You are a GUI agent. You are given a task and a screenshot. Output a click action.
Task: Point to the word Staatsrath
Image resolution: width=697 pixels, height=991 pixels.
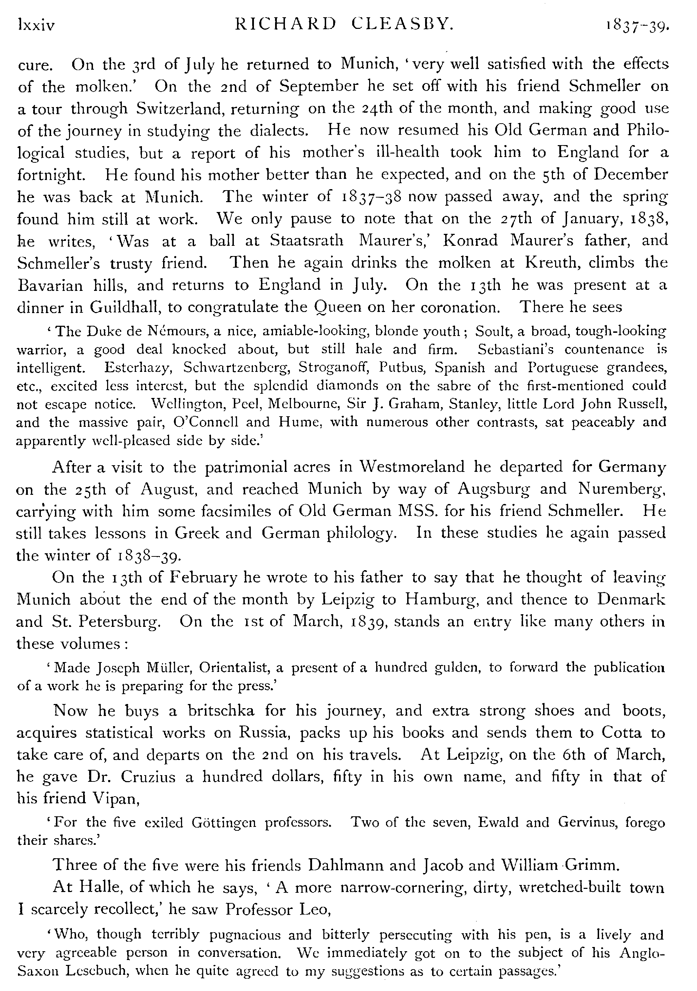pos(307,241)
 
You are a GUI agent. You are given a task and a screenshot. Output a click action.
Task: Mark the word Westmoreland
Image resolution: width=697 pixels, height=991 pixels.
pos(412,467)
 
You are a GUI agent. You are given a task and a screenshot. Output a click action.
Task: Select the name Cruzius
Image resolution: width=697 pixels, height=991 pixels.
pos(148,777)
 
